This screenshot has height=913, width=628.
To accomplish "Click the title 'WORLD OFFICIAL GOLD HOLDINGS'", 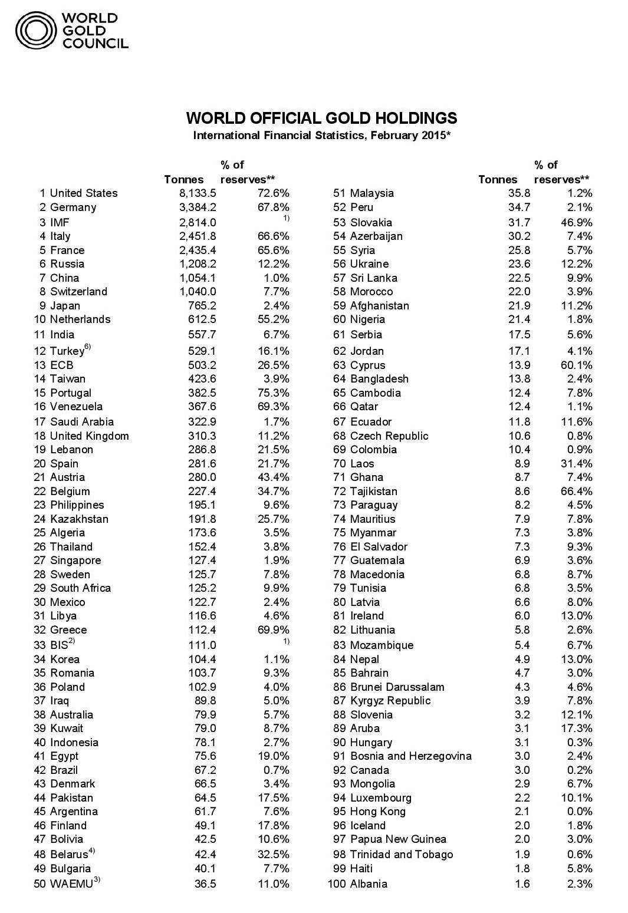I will (321, 118).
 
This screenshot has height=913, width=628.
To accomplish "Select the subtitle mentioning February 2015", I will (322, 136).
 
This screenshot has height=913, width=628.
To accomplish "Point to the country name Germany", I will (73, 207).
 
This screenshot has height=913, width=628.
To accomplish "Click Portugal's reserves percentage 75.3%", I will (274, 393).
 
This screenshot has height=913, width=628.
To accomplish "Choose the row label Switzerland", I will (78, 292).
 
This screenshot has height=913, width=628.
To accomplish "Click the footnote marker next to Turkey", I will (88, 347).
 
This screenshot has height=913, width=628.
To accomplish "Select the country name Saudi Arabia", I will (82, 422).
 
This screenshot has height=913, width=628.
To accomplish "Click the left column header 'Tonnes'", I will (184, 180).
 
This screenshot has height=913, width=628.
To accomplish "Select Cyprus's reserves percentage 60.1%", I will (577, 365).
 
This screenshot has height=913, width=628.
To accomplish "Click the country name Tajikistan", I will (373, 492).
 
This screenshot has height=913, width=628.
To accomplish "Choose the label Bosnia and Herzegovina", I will (410, 756).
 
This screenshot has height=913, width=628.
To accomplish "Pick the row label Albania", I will (369, 884).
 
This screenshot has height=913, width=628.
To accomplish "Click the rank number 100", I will (337, 884).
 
